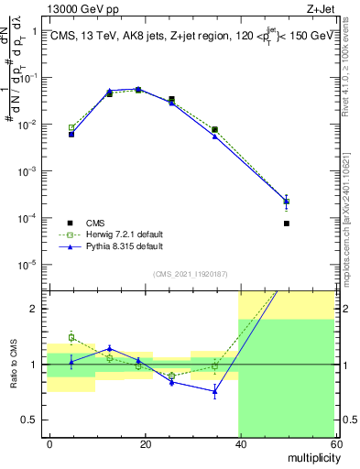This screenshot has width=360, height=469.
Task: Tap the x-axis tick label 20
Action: [x=145, y=443]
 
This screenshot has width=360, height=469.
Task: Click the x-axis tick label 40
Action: [x=239, y=443]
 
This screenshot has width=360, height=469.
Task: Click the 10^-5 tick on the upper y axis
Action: [x=28, y=265]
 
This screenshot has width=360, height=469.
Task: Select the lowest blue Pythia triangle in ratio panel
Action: [x=215, y=391]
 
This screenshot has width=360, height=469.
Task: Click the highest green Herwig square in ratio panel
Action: [x=71, y=337]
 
